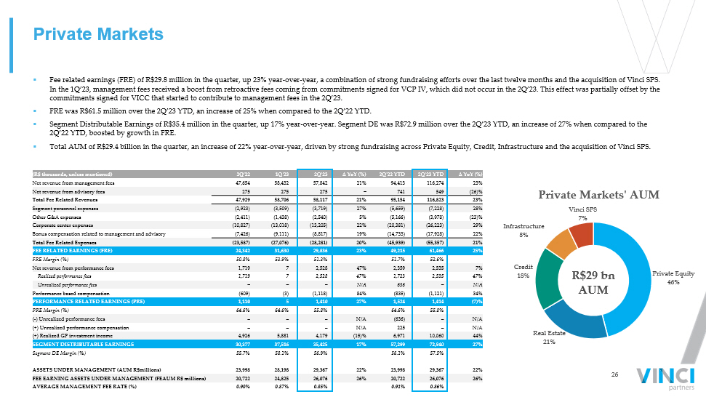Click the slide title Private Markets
coord(100,34)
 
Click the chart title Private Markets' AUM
coord(598,194)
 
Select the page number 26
coord(614,374)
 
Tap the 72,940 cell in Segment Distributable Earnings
coord(432,344)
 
